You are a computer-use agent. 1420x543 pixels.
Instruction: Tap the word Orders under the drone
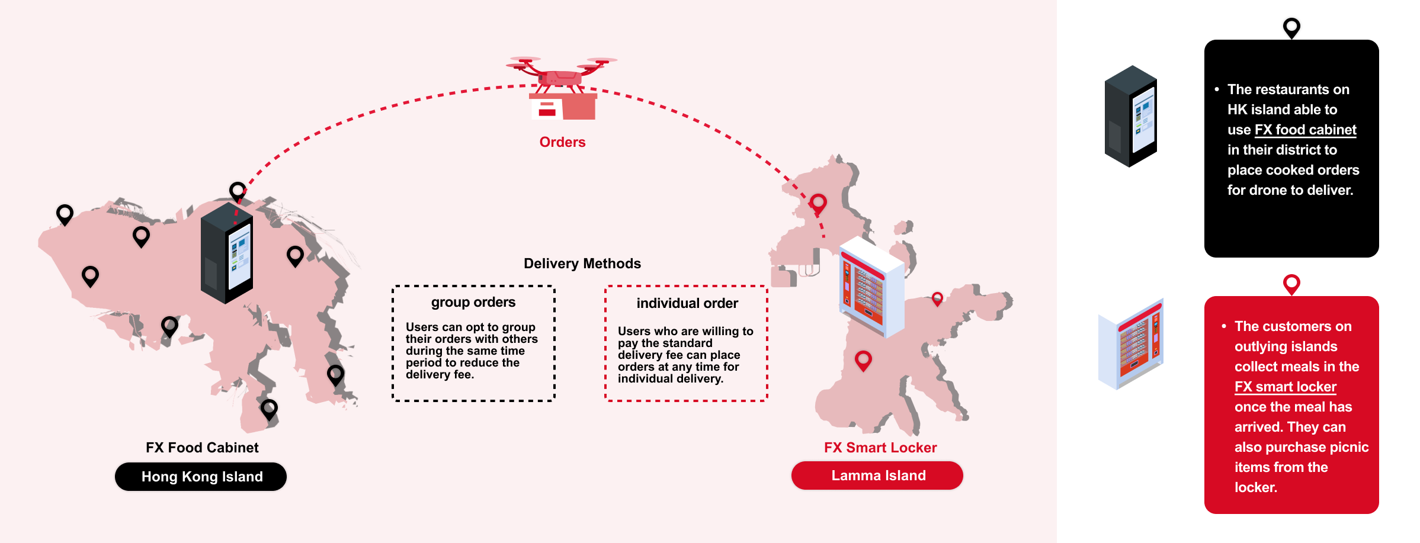tap(562, 142)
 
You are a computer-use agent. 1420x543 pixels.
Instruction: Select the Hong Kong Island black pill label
tap(201, 477)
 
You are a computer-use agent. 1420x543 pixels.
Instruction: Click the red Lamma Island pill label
tap(877, 475)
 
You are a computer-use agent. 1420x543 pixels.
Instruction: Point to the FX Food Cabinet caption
tap(202, 448)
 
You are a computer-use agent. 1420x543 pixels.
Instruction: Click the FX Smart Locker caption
tap(880, 448)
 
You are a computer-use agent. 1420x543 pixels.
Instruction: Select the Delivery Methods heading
tap(582, 264)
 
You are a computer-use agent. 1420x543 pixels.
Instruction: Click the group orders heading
tap(473, 302)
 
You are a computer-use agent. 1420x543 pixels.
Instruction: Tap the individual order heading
tap(687, 303)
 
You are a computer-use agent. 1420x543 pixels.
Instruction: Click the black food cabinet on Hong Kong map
tap(227, 253)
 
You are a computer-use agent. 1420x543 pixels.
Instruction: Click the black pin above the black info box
tap(1291, 27)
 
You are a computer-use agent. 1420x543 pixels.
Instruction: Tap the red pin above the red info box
tap(1291, 284)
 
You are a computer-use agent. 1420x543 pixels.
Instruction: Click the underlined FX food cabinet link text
tap(1305, 130)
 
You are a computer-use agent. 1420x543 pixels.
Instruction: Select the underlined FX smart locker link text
tap(1285, 387)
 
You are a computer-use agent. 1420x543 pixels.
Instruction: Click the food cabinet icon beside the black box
tap(1130, 116)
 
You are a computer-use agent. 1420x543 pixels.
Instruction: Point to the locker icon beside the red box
tap(1130, 345)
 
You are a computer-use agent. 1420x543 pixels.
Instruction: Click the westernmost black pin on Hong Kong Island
tap(65, 214)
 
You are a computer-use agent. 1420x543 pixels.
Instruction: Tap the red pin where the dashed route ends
tap(818, 203)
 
